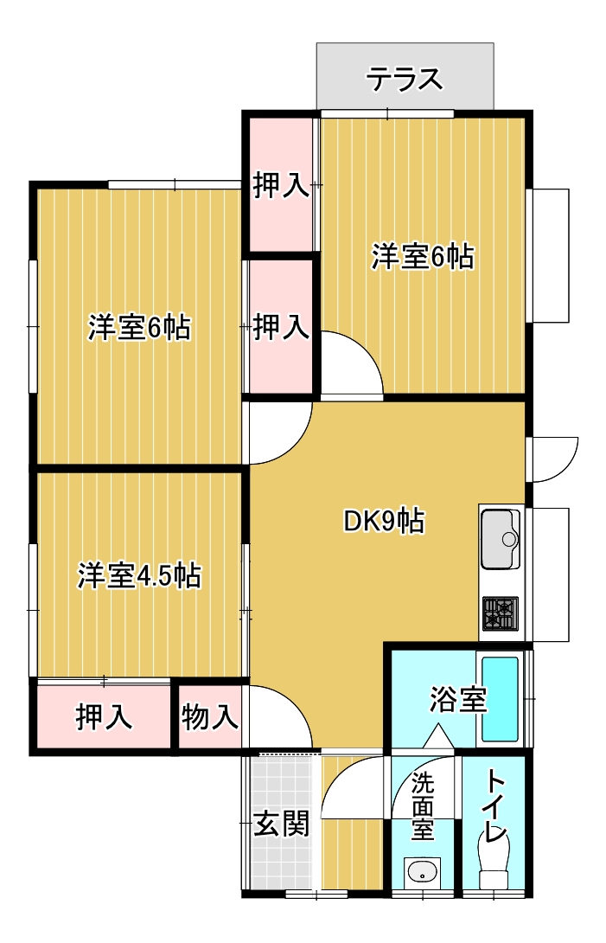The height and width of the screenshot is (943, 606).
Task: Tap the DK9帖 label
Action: pyautogui.click(x=384, y=522)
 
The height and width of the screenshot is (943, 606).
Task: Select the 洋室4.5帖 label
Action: pyautogui.click(x=139, y=576)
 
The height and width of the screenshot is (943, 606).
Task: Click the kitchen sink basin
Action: pyautogui.click(x=501, y=539)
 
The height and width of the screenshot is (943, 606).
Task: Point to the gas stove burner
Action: pyautogui.click(x=501, y=613)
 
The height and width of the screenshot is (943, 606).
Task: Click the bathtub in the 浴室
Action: pyautogui.click(x=500, y=699)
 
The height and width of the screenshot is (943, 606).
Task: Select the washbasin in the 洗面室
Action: pyautogui.click(x=423, y=871)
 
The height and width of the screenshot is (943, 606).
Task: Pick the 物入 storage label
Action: pyautogui.click(x=210, y=717)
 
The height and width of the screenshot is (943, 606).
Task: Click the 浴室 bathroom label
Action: pyautogui.click(x=458, y=699)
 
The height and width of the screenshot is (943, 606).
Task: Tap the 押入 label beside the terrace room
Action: pyautogui.click(x=281, y=184)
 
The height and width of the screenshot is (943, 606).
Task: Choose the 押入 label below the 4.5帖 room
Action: pyautogui.click(x=104, y=717)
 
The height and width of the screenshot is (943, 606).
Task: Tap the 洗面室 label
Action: pyautogui.click(x=423, y=806)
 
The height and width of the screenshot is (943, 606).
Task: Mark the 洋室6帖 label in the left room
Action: pyautogui.click(x=139, y=329)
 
